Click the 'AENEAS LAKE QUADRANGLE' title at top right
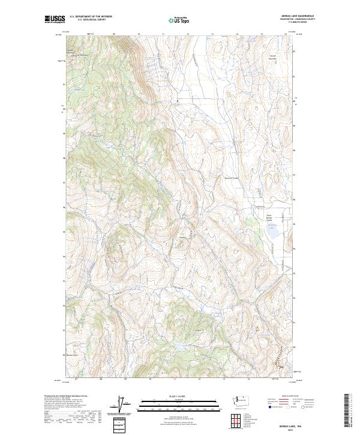click(x=284, y=16)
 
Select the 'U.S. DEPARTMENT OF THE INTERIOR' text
click(x=91, y=17)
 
